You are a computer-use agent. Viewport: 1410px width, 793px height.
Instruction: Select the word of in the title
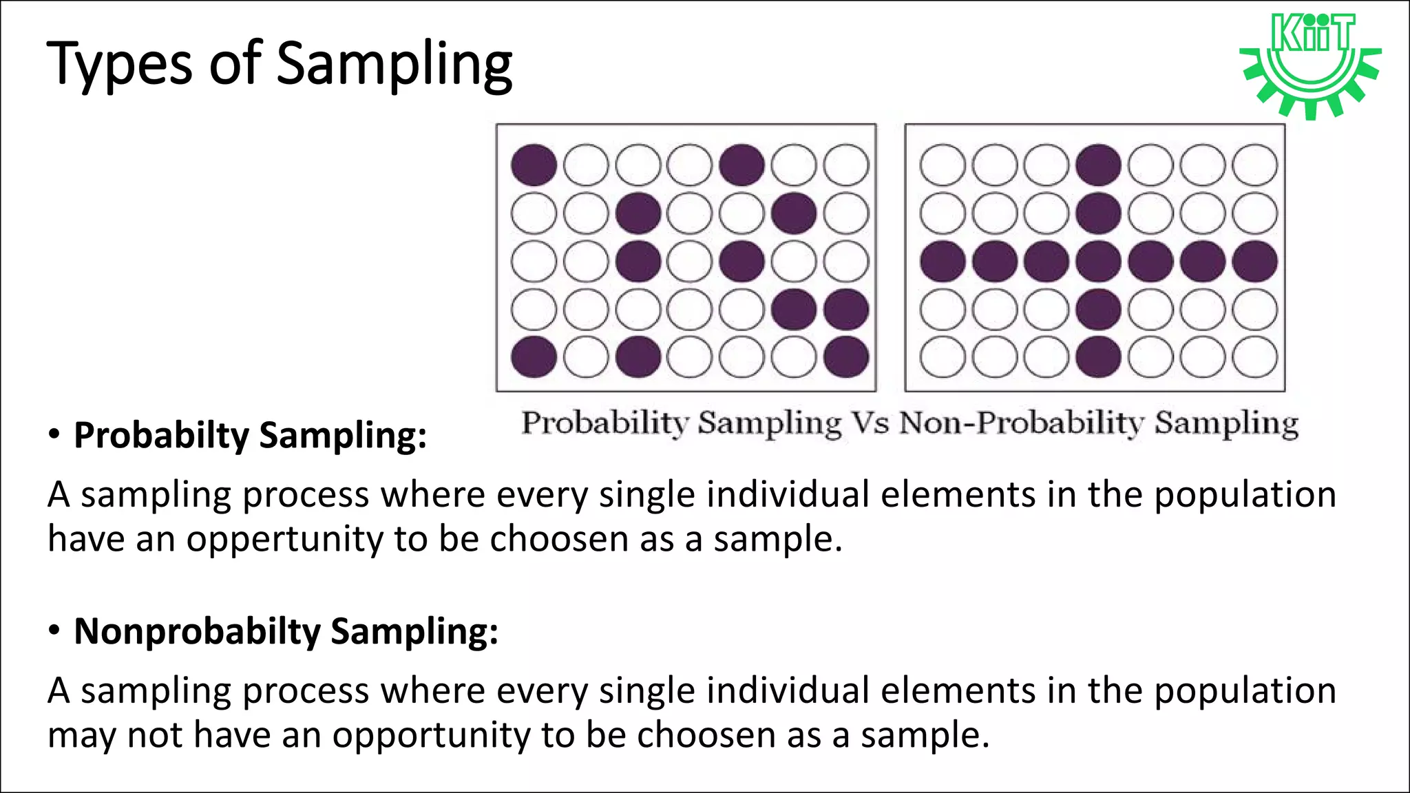(235, 63)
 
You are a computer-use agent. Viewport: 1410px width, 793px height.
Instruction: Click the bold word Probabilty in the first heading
(161, 436)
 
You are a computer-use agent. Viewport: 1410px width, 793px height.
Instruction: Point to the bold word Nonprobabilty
(197, 631)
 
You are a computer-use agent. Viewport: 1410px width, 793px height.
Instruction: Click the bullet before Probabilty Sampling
(54, 435)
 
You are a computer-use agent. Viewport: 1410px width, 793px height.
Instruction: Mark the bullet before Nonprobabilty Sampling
(54, 631)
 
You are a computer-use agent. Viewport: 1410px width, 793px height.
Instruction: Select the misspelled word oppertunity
(284, 538)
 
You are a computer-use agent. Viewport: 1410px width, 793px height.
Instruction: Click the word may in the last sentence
(81, 734)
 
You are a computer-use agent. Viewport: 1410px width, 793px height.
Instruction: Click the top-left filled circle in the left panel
(534, 165)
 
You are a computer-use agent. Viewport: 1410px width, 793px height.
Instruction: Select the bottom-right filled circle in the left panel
(846, 357)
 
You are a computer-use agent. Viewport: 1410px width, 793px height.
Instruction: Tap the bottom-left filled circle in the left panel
(534, 357)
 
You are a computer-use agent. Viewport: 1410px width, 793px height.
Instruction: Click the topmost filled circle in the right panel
(1099, 165)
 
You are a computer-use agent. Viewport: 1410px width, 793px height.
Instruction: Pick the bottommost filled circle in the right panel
(1099, 357)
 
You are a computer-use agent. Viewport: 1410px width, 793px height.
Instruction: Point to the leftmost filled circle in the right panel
(943, 262)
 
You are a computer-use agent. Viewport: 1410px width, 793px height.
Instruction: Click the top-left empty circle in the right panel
(943, 165)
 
